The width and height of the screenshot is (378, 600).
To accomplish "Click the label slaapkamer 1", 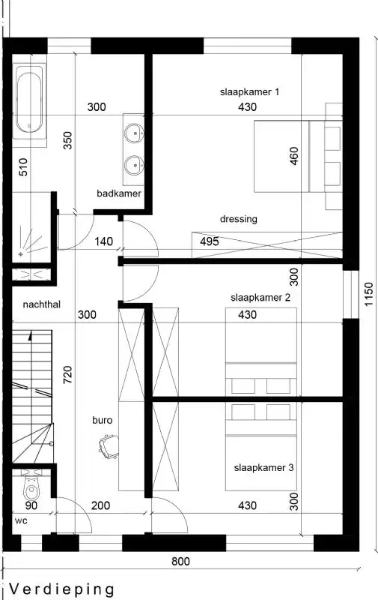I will coord(249,92).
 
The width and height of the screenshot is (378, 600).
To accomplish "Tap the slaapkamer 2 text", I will coord(260,298).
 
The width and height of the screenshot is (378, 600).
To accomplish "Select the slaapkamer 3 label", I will coord(263,467).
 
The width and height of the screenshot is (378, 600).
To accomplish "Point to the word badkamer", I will coord(119,193).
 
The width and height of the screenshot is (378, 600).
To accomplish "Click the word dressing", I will coord(239,219).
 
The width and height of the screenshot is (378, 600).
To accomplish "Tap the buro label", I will coord(103,420).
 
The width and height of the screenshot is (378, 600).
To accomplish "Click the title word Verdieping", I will coord(62,589).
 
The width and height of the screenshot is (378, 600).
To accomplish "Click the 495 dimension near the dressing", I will coord(210,241).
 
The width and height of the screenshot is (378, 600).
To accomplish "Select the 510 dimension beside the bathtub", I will coord(22,166).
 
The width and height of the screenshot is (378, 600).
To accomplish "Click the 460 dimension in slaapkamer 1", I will coord(293,157).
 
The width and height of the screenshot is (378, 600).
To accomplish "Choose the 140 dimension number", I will coord(104,241).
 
